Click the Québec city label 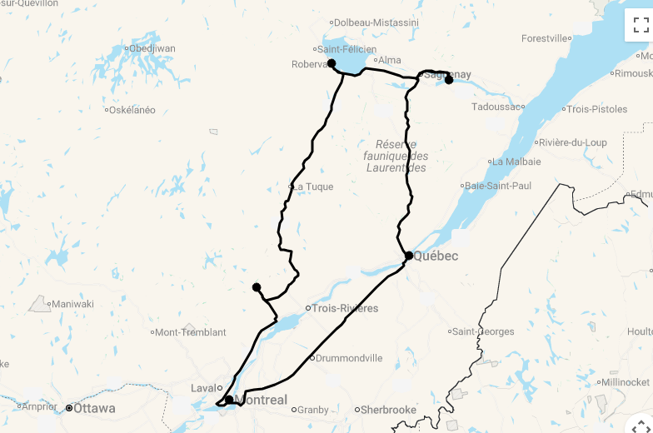point(435,256)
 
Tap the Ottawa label point(94,409)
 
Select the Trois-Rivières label point(345,309)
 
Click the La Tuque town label point(314,187)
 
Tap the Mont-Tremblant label point(191,332)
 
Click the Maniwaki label point(72,304)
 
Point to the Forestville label point(546,38)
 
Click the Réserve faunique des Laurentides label point(396,156)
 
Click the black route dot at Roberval point(331,63)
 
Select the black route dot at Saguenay point(449,80)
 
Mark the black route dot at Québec point(409,256)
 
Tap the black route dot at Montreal point(229,400)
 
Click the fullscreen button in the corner point(641,25)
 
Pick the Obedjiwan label point(153,48)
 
